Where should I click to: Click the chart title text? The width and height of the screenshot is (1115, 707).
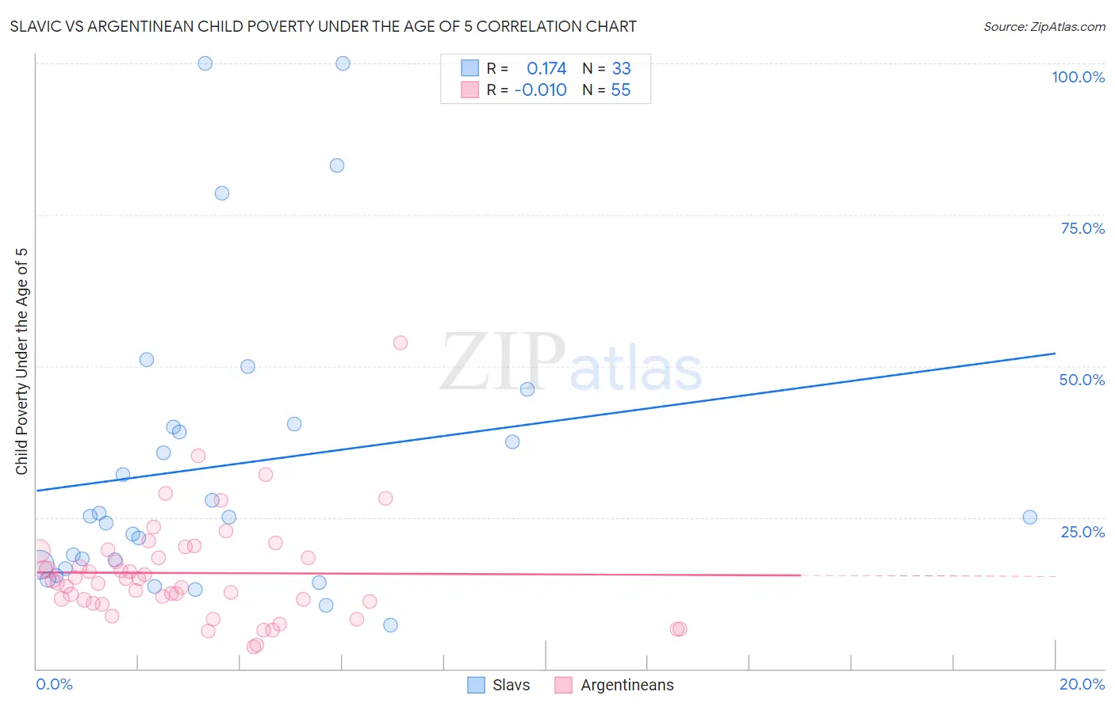[x=323, y=27]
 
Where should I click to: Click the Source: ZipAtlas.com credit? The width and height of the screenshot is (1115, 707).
[x=1044, y=27]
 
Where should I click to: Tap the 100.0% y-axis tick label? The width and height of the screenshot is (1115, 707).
[x=1078, y=77]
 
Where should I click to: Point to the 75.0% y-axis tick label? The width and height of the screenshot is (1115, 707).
[x=1082, y=228]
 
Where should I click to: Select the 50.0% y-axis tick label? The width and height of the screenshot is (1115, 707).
[x=1082, y=380]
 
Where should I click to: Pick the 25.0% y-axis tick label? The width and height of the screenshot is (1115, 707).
[x=1082, y=532]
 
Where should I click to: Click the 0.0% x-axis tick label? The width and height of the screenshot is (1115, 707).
[x=54, y=684]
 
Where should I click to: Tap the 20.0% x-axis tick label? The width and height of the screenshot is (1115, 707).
[x=1082, y=684]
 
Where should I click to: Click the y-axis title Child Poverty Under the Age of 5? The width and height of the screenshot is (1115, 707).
[x=22, y=361]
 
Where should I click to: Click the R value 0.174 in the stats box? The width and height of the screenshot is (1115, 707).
[x=546, y=69]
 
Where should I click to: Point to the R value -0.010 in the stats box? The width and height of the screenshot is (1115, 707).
[x=540, y=90]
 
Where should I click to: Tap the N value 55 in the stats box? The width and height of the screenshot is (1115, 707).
[x=620, y=90]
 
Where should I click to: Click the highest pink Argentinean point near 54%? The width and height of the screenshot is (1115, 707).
[x=400, y=342]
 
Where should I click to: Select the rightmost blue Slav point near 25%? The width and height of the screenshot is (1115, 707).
[x=1029, y=517]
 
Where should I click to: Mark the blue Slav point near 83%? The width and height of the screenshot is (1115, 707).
[x=337, y=166]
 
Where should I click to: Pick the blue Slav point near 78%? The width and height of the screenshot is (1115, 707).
[x=222, y=193]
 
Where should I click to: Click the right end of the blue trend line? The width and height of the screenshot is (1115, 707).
[x=1055, y=353]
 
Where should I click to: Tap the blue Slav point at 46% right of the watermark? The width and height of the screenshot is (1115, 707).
[x=527, y=389]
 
